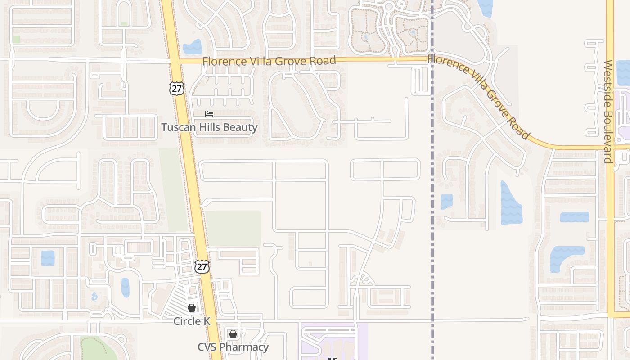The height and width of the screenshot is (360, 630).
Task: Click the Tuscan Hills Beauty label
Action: click(x=209, y=127)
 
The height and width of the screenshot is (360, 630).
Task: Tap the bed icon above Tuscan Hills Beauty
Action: click(x=209, y=114)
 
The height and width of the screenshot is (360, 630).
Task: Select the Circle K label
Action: click(x=192, y=321)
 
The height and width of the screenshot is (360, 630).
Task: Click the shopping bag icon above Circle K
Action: click(x=192, y=308)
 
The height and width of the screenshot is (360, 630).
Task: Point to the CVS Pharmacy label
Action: click(x=233, y=347)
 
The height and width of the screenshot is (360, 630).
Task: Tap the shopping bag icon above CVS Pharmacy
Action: click(x=233, y=334)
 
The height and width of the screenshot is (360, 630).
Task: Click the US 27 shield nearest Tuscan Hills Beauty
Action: click(x=177, y=88)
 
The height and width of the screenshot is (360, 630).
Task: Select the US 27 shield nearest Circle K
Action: click(x=202, y=266)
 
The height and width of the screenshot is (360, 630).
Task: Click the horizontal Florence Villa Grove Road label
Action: click(x=269, y=61)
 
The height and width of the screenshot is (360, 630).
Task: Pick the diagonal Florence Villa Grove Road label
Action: click(x=479, y=96)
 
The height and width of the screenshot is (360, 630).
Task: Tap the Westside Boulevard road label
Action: click(x=608, y=112)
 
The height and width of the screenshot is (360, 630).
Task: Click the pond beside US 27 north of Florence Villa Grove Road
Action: click(x=193, y=47)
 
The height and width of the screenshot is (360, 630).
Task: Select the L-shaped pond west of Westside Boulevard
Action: click(x=564, y=256)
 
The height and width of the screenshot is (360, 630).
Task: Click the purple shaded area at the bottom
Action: click(x=333, y=342)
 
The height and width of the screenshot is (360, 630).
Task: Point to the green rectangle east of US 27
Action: click(x=233, y=229)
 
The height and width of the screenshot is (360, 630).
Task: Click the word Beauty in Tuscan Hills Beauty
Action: click(x=240, y=127)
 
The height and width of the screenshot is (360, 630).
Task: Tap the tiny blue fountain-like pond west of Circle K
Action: click(x=94, y=297)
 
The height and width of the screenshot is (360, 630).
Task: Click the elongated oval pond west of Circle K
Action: click(x=125, y=287)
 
